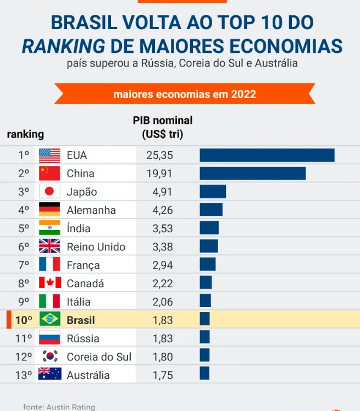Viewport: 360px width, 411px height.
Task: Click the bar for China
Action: tap(252, 173)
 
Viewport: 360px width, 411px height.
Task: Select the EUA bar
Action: tap(267, 155)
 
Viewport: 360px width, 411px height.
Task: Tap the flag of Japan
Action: tap(49, 192)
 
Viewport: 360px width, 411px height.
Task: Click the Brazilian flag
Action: tap(49, 320)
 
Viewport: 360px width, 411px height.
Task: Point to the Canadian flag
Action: tap(49, 283)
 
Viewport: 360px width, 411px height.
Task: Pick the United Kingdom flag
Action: tap(49, 246)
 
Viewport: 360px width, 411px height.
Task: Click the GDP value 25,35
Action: tap(159, 156)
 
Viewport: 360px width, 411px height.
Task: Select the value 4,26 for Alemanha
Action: tap(163, 210)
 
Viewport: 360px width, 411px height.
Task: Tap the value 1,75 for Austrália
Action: tap(163, 375)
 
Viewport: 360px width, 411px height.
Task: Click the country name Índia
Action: tap(79, 228)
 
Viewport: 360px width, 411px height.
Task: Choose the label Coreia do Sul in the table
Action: tap(99, 357)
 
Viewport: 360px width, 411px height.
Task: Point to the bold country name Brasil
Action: tap(81, 320)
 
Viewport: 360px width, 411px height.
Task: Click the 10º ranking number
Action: tap(24, 320)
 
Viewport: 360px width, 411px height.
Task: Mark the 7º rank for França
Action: tap(24, 265)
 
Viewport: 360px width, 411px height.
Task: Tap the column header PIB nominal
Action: tap(163, 120)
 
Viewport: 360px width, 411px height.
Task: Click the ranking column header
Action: tap(25, 134)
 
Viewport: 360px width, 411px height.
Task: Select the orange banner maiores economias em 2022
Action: tap(185, 94)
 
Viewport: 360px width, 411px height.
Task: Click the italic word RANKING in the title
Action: tap(63, 46)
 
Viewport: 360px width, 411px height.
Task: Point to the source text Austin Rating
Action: tap(71, 407)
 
